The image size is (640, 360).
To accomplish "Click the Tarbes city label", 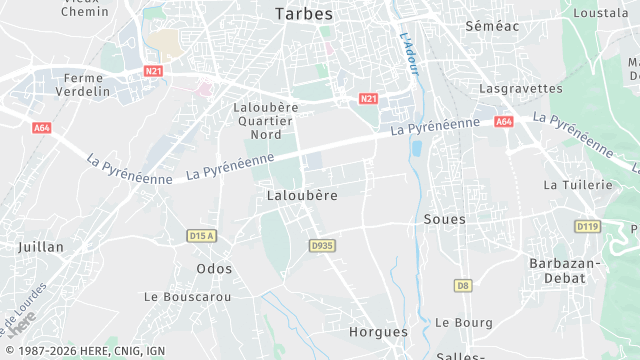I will pos(304,14).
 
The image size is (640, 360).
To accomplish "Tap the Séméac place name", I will pos(492,26).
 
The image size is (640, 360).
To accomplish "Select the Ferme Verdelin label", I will pos(84,85).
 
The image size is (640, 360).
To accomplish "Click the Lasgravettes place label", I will pos(521,88).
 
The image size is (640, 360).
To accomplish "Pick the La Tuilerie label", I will pos(577,185).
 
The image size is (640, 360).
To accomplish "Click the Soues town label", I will pos(445,218).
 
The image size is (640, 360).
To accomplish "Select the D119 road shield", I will pos(587,227).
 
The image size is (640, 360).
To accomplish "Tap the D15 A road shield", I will pos(201,236).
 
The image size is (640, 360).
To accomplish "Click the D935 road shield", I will pos(321,245).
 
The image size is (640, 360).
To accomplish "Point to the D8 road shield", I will pos(462,285).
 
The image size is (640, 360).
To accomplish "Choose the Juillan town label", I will pos(41,245).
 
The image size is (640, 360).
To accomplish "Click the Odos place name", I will pos(214,269).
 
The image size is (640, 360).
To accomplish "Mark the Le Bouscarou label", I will pos(188,297).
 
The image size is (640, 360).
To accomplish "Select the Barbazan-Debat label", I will pos(563,270).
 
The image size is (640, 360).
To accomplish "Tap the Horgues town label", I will pos(378,331).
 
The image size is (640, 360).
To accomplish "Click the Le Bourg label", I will pos(464,322).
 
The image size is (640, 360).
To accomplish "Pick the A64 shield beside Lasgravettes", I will pos(503,122).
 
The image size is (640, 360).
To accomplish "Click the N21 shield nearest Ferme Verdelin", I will pos(153,71).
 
